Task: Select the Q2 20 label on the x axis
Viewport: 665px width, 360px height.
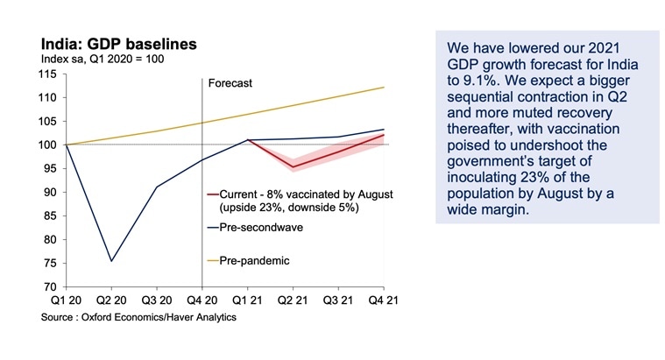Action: tap(111, 301)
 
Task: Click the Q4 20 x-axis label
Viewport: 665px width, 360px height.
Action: tap(202, 301)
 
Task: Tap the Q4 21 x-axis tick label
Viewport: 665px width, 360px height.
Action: tap(383, 301)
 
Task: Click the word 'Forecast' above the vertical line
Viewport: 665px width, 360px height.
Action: tap(230, 84)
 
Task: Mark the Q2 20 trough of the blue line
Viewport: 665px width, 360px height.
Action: tap(111, 260)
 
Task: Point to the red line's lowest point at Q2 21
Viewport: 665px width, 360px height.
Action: tap(294, 166)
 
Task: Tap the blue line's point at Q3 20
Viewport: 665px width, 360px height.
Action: tap(157, 187)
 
